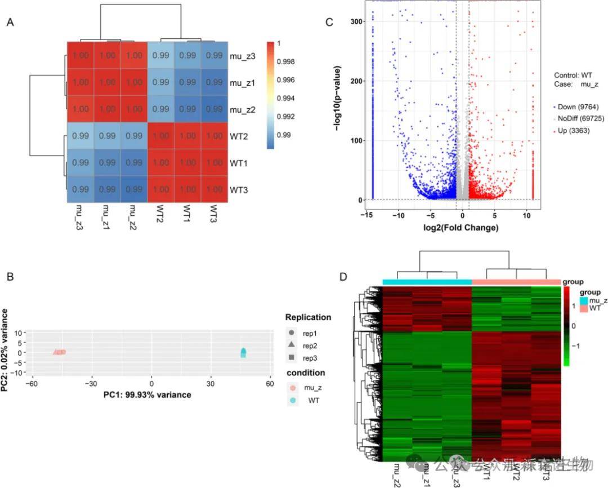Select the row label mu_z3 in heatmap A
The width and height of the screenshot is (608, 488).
click(x=243, y=56)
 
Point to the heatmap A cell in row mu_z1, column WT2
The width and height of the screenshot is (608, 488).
click(x=160, y=82)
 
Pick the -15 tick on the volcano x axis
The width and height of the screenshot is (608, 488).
click(x=369, y=215)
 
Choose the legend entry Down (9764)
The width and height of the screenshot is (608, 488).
click(x=574, y=106)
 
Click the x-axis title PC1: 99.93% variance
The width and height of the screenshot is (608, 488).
click(x=147, y=395)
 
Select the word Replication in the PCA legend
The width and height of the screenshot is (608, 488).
click(x=309, y=317)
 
